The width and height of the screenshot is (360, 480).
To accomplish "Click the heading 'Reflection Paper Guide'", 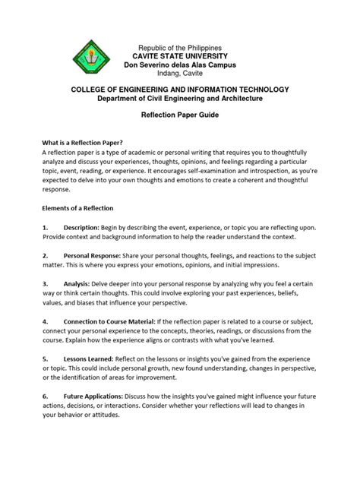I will (179, 111).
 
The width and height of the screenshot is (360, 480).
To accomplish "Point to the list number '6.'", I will (46, 395).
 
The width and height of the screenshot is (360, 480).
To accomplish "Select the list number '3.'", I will (46, 283).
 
